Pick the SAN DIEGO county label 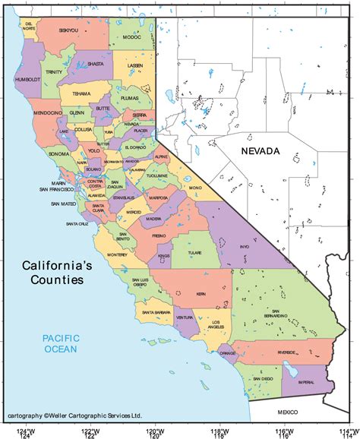[263, 378]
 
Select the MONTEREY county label [117, 255]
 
